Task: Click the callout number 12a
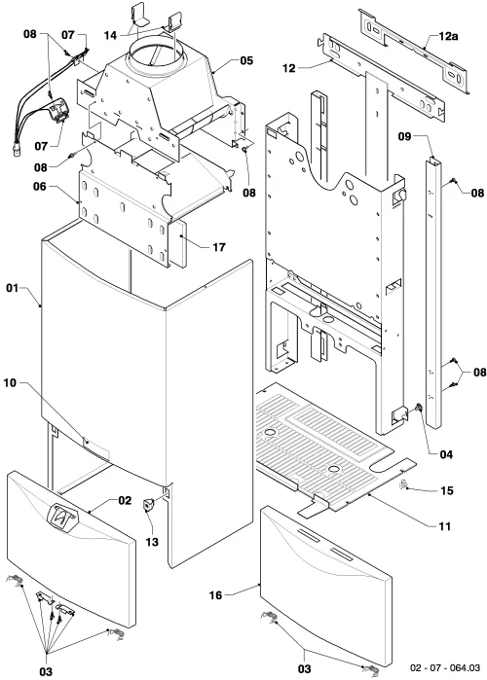tap(448, 36)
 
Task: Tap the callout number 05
tap(246, 60)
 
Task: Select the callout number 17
tap(219, 247)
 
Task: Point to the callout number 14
tap(110, 35)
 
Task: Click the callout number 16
tap(215, 595)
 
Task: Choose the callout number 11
tap(445, 526)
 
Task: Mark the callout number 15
tap(447, 490)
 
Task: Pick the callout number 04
tap(446, 454)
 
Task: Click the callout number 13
tap(152, 542)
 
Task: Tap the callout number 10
tap(10, 383)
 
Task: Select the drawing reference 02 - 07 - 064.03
tap(445, 667)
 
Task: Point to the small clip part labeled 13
tap(148, 505)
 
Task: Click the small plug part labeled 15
tap(403, 484)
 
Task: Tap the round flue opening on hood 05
tap(158, 54)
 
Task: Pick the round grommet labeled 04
tap(419, 408)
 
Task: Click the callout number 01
tap(12, 288)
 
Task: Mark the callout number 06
tap(40, 187)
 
